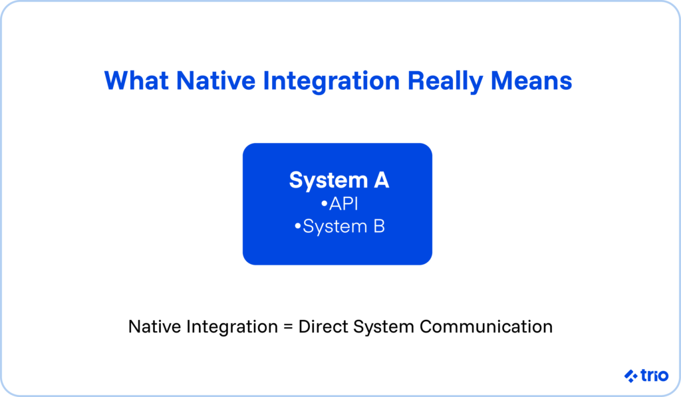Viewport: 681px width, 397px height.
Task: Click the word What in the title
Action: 136,80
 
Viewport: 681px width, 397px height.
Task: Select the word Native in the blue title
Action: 215,80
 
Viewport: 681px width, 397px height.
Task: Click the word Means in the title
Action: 531,80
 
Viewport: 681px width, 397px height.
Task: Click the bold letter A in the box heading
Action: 381,180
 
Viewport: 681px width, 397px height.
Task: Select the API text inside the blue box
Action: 344,203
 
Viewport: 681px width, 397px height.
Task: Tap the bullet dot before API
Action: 324,203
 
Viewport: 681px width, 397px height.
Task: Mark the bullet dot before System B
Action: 297,226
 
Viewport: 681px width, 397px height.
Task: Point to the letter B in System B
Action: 379,226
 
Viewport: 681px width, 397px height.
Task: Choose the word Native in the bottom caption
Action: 154,327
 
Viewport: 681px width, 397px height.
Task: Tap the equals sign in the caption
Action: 288,327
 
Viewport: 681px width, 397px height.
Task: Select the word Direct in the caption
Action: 323,327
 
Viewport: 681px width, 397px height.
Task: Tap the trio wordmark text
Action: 654,375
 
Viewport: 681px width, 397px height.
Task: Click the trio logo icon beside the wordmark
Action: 631,376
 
